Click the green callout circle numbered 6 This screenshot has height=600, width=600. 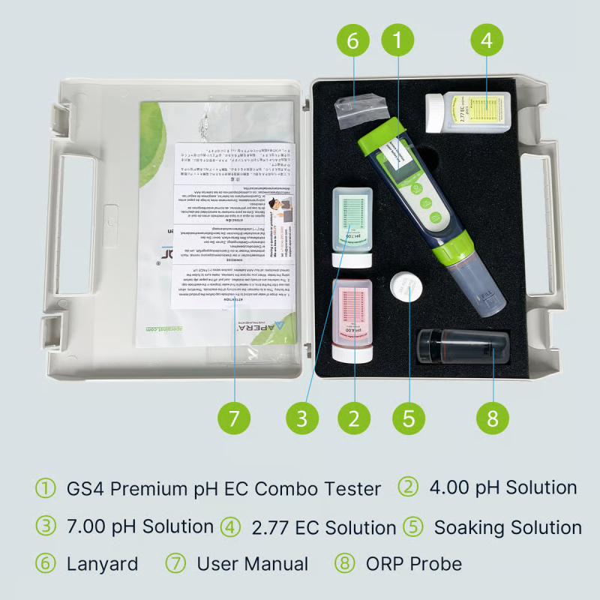(x=353, y=40)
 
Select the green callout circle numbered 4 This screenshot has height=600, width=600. (x=487, y=40)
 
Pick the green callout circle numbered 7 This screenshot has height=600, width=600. (x=234, y=418)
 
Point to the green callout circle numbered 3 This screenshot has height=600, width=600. (x=301, y=418)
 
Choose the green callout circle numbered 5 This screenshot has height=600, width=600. (x=409, y=418)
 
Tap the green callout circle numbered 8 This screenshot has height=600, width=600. (x=493, y=418)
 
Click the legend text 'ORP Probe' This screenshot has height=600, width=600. (x=414, y=563)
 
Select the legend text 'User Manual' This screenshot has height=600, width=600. (x=252, y=563)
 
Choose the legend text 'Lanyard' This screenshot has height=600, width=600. (x=102, y=563)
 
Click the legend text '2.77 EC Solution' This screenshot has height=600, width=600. (x=323, y=526)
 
